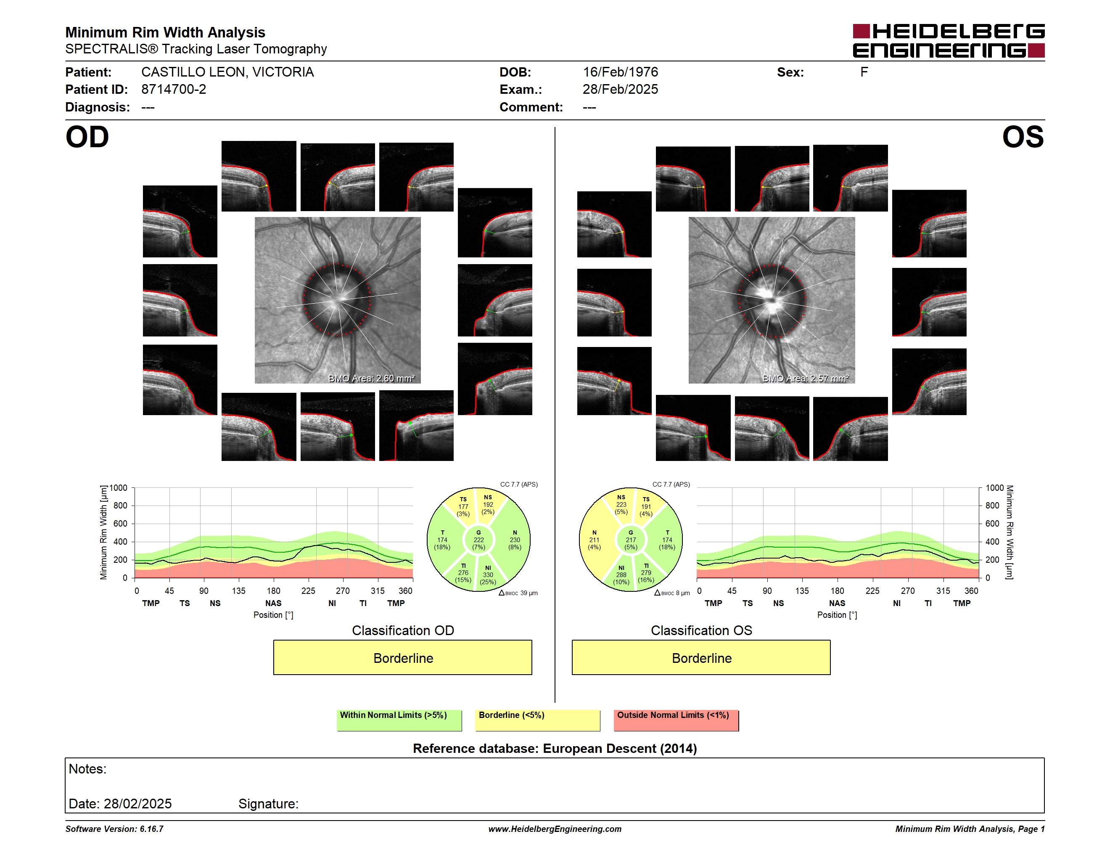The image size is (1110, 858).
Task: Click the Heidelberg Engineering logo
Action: click(x=949, y=41)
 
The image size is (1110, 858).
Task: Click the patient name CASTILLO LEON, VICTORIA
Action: click(x=227, y=72)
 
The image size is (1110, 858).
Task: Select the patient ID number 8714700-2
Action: click(x=174, y=90)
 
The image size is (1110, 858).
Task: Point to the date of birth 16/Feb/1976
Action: click(x=620, y=72)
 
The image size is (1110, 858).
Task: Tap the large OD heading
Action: click(x=87, y=137)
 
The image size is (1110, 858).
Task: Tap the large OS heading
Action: click(x=1023, y=137)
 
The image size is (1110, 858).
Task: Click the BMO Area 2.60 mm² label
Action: click(x=372, y=378)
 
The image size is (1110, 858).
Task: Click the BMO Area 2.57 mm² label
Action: click(x=806, y=378)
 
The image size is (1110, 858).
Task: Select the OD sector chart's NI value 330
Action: click(x=488, y=575)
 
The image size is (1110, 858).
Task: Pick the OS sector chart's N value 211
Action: click(x=594, y=540)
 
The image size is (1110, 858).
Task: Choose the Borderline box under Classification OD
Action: click(x=402, y=657)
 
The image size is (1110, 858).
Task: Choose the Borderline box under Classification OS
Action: click(x=701, y=657)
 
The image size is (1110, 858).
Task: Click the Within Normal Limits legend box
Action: click(x=399, y=720)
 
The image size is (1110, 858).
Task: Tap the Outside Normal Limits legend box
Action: click(x=676, y=720)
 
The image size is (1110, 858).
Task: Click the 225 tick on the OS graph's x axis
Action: click(x=872, y=591)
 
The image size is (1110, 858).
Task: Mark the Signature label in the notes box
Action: click(x=268, y=804)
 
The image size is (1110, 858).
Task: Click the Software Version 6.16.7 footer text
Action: click(x=114, y=829)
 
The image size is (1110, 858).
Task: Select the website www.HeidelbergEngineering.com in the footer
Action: click(x=555, y=829)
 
